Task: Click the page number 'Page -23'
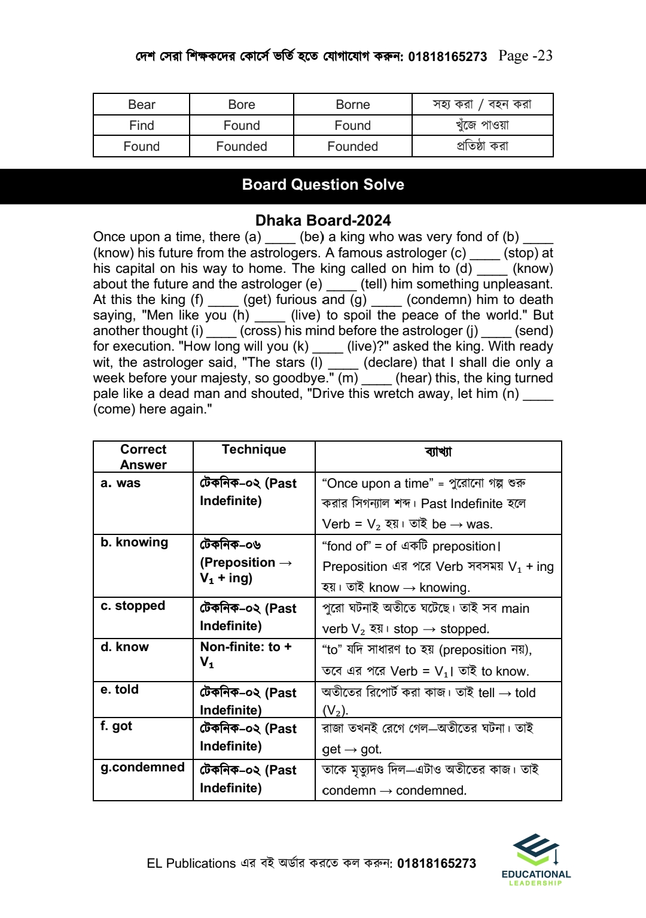click(525, 56)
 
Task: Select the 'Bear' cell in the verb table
click(142, 105)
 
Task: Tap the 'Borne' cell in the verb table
click(352, 105)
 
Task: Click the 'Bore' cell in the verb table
click(242, 105)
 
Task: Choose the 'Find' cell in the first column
click(142, 126)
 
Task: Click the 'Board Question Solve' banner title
click(323, 184)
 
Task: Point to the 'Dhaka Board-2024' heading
click(323, 220)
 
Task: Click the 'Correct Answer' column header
click(144, 457)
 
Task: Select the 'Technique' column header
click(254, 449)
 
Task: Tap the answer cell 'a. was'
click(121, 483)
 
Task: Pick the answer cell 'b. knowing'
click(135, 542)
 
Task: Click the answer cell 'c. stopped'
click(133, 606)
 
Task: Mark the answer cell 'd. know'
click(124, 647)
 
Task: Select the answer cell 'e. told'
click(120, 689)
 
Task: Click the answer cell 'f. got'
click(117, 726)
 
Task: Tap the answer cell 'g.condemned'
click(142, 767)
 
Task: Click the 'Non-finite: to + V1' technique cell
click(246, 654)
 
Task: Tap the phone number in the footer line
click(437, 864)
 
